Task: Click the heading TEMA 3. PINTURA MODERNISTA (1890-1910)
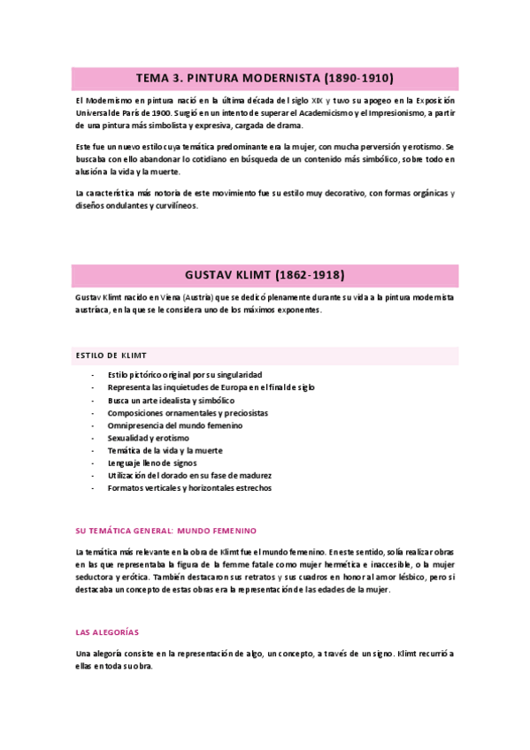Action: pyautogui.click(x=265, y=78)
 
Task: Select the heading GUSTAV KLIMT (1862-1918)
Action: pyautogui.click(x=265, y=274)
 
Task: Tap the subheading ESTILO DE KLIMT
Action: pyautogui.click(x=111, y=355)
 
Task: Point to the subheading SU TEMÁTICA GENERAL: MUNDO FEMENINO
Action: pyautogui.click(x=165, y=531)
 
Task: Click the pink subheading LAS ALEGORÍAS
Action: pyautogui.click(x=107, y=632)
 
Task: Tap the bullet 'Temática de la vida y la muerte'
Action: pyautogui.click(x=165, y=450)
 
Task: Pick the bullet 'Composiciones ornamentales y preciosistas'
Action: pyautogui.click(x=188, y=413)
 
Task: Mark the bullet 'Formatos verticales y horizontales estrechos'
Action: pyautogui.click(x=189, y=487)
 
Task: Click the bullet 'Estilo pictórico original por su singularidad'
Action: pyautogui.click(x=184, y=375)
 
